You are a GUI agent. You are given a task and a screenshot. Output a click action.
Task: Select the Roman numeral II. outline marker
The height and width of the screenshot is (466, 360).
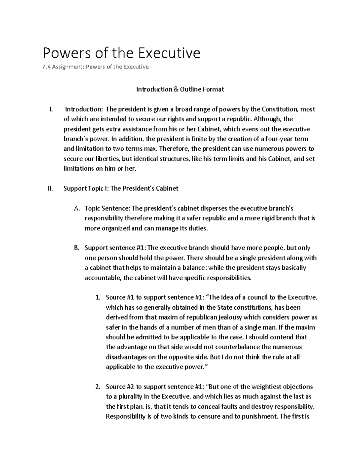pyautogui.click(x=50, y=188)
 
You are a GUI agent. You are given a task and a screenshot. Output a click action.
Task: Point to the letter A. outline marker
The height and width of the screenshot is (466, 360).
pyautogui.click(x=76, y=208)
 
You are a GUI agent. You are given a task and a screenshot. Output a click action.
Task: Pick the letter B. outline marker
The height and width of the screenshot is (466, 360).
pyautogui.click(x=76, y=248)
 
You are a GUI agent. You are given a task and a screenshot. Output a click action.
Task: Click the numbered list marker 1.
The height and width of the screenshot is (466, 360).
pyautogui.click(x=97, y=298)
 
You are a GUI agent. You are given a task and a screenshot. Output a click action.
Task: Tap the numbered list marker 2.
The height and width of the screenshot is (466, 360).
pyautogui.click(x=97, y=387)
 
